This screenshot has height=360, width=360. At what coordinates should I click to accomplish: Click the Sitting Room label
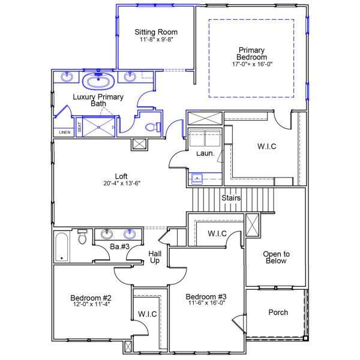point(155,32)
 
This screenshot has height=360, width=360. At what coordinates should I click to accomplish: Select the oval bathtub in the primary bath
point(95,82)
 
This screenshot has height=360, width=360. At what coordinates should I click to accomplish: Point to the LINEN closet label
point(64,132)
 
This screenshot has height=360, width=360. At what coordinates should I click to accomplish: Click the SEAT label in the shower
point(79,127)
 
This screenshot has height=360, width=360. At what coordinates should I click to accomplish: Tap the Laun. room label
point(205,154)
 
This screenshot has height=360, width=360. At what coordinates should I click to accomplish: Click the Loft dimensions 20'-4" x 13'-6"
point(121,184)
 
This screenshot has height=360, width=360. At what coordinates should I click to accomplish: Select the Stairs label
point(232,197)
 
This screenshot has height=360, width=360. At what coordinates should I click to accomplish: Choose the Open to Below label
point(276,257)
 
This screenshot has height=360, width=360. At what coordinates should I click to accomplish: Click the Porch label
point(278,312)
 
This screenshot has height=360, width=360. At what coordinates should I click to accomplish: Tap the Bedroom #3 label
point(206,296)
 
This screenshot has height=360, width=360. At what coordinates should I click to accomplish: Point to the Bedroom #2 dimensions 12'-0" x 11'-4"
point(91,304)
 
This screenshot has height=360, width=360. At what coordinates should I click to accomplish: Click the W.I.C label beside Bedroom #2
point(147,314)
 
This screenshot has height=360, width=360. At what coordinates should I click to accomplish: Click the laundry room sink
point(197,178)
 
